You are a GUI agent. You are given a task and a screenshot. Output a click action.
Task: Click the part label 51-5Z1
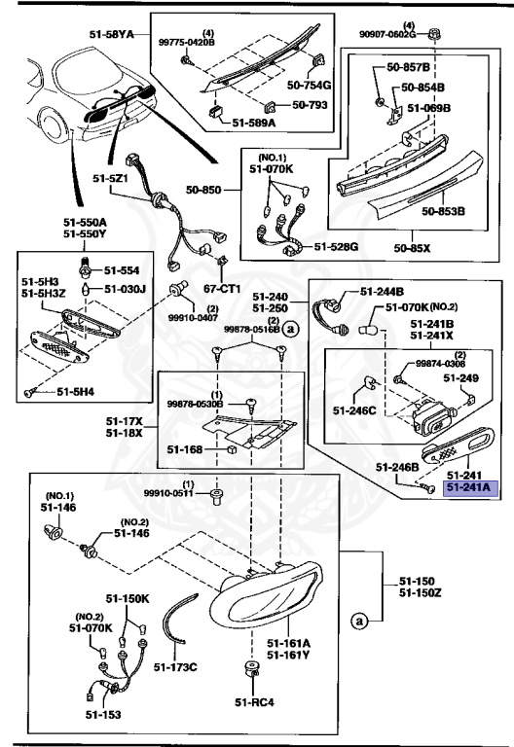111,179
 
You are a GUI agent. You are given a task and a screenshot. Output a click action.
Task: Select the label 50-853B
443,209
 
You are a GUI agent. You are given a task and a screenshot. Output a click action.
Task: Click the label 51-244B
382,291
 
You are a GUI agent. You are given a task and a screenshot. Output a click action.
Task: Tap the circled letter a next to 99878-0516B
291,330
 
